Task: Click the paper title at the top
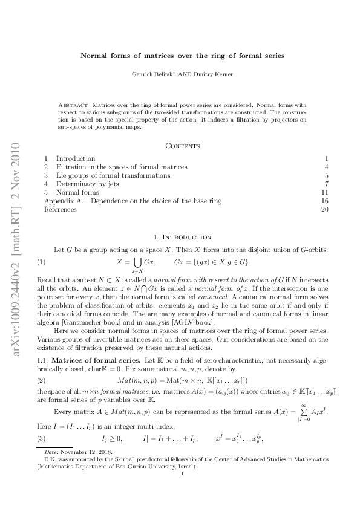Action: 183,55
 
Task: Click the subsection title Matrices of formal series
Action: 90,360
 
